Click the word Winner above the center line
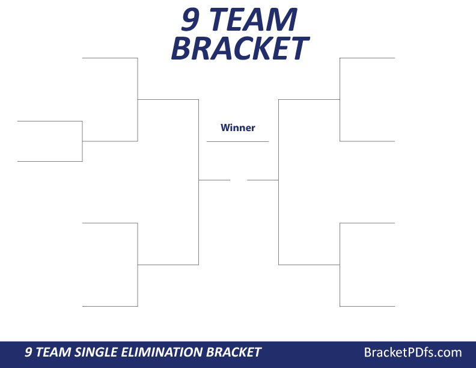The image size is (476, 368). [x=237, y=127]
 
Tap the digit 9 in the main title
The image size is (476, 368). [x=191, y=20]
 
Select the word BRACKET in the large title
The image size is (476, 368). [x=239, y=48]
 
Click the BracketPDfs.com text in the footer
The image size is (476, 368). [x=413, y=352]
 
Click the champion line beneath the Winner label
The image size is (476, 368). [x=237, y=141]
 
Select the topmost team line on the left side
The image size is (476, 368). [x=110, y=58]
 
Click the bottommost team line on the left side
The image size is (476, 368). [x=110, y=306]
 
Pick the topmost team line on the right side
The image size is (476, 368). [x=367, y=58]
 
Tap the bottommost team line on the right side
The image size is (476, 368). [x=367, y=306]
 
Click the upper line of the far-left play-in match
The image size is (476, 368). [x=49, y=121]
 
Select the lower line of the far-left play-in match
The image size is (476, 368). [x=49, y=161]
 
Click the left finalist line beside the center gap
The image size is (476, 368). [x=215, y=180]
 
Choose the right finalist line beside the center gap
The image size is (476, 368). [x=263, y=180]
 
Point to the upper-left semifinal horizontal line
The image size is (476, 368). [x=168, y=99]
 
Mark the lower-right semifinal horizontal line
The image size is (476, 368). [x=309, y=265]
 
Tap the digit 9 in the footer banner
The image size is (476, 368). [x=28, y=352]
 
